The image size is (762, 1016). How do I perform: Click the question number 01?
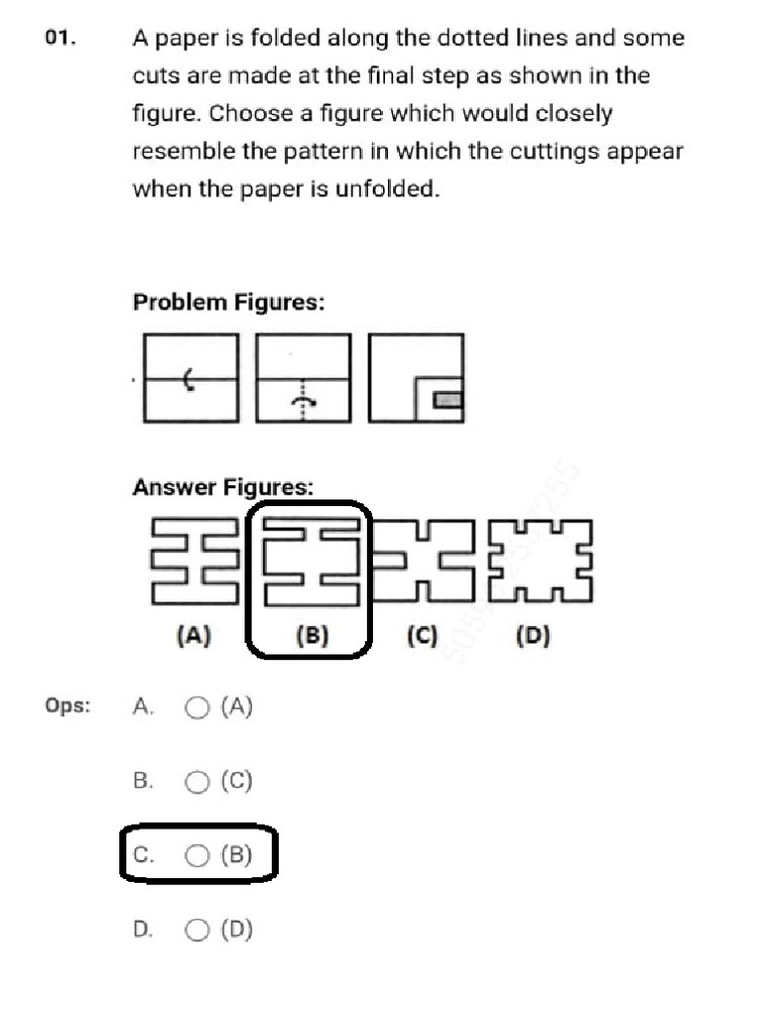tap(61, 39)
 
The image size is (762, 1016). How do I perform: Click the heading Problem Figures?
tap(228, 303)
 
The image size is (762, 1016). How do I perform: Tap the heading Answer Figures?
tap(223, 488)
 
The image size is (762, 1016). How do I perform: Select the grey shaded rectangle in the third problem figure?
tap(448, 400)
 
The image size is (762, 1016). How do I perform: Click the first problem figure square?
tap(190, 378)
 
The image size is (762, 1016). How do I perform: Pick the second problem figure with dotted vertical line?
tap(304, 378)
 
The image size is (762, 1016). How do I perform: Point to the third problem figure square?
tap(416, 378)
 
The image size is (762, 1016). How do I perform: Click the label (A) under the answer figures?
tap(192, 636)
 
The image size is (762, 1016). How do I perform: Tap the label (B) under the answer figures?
tap(312, 636)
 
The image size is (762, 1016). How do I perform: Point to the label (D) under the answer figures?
tap(533, 636)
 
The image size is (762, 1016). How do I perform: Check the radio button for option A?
tap(197, 707)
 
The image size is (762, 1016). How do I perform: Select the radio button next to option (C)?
tap(197, 782)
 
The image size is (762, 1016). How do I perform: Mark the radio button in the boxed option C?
tap(197, 855)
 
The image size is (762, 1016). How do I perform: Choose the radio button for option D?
tap(197, 930)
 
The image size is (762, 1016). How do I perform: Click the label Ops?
tap(67, 706)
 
